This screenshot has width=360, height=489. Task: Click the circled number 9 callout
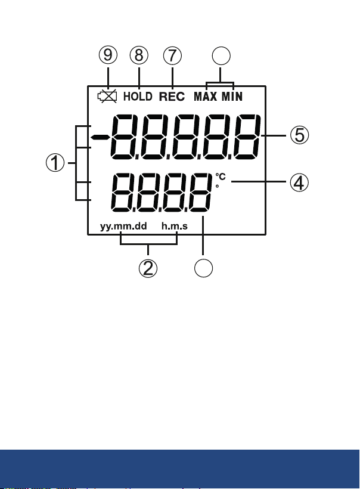tap(108, 55)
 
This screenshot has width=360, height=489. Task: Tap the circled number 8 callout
tap(139, 55)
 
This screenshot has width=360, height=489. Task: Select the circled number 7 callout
tap(172, 55)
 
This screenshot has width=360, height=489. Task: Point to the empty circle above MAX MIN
tap(221, 56)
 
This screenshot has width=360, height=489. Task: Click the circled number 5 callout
tap(300, 135)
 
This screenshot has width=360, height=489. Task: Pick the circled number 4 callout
tap(299, 182)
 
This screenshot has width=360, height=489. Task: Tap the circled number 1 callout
tap(55, 163)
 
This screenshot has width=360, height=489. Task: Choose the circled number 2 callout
tap(148, 268)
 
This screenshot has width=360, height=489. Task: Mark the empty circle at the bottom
tap(203, 268)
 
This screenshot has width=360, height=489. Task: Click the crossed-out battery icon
tap(107, 96)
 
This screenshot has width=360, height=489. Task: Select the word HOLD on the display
tap(138, 97)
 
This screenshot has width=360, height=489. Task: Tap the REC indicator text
tap(172, 97)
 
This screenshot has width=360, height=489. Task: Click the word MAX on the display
tap(206, 97)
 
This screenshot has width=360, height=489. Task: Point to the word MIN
tap(232, 97)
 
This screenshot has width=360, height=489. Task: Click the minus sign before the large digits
tap(100, 137)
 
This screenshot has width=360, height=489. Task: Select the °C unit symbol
tap(221, 177)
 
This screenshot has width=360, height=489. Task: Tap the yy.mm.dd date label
tap(123, 226)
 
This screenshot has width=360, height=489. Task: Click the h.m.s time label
tap(175, 226)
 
